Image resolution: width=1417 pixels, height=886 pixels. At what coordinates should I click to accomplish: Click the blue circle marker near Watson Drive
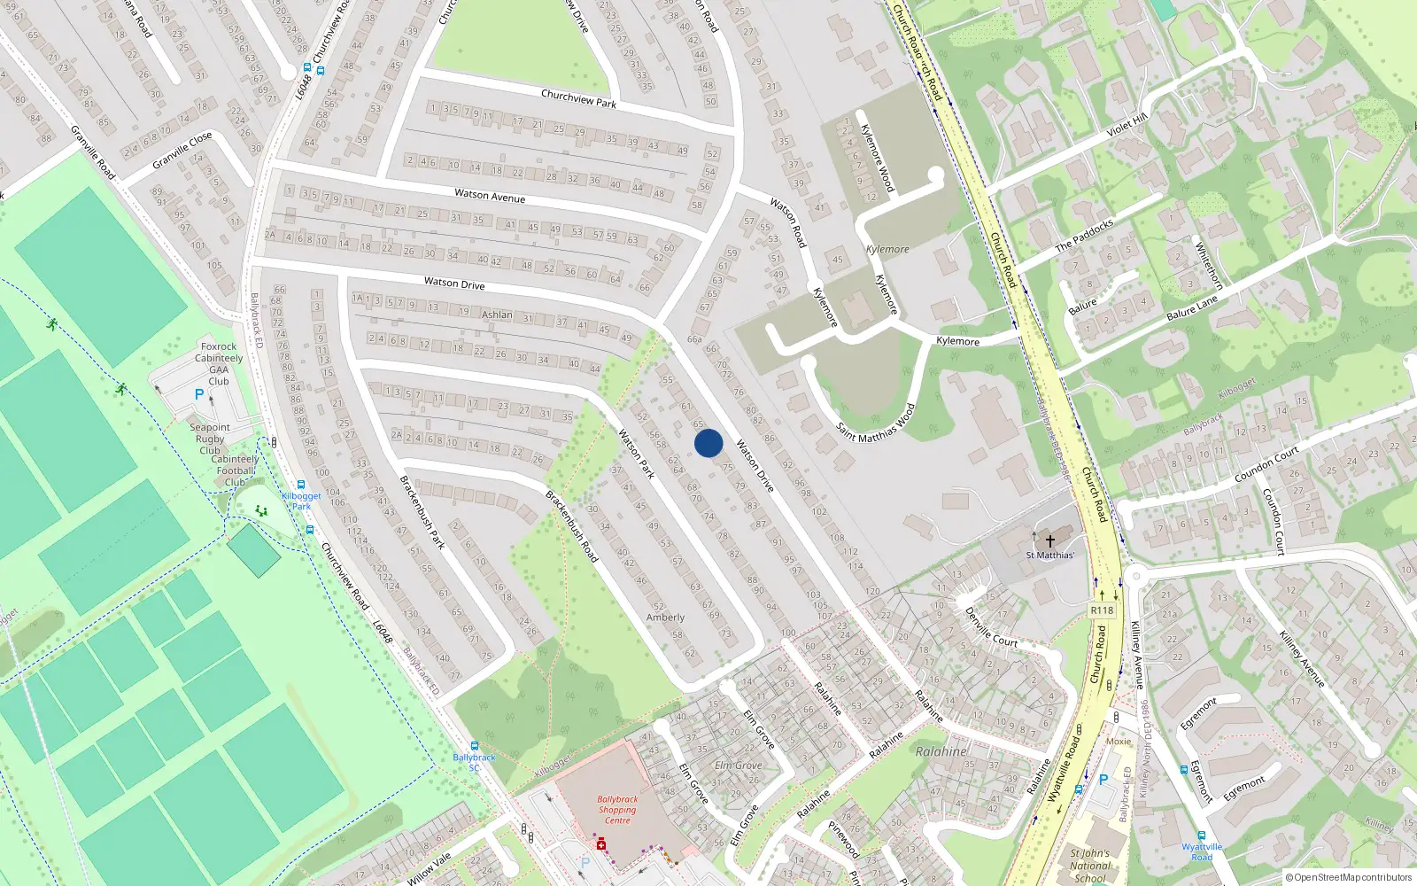(708, 443)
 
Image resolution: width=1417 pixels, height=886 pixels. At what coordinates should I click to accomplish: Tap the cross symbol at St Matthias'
(1050, 540)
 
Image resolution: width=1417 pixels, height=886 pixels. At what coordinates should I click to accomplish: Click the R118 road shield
(1102, 610)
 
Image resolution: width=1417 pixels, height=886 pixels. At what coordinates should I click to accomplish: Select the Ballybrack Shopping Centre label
(617, 810)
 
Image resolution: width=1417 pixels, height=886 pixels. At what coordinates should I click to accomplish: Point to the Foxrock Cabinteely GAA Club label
(219, 364)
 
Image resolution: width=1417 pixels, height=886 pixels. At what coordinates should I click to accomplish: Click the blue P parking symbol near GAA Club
(199, 395)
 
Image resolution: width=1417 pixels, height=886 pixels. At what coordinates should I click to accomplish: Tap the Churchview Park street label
(578, 98)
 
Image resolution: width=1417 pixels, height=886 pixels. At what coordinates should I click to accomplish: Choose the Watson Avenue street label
(490, 195)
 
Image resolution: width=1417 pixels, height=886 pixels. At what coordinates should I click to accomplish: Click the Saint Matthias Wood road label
(876, 423)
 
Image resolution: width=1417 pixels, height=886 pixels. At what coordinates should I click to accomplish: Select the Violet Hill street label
(1127, 125)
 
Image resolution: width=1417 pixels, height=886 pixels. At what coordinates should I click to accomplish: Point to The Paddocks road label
(1084, 236)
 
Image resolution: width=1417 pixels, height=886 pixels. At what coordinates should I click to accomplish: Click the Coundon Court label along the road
(1266, 464)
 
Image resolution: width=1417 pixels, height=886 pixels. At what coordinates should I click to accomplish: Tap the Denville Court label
(991, 626)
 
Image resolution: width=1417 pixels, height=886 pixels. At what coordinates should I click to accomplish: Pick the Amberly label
(665, 618)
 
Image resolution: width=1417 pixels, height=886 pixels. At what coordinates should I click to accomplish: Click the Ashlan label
(497, 315)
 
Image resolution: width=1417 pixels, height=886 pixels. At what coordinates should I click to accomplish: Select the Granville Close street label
(182, 151)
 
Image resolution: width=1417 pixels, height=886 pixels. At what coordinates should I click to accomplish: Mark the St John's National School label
(1090, 866)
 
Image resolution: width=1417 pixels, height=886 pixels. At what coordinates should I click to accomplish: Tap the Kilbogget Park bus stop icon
(301, 485)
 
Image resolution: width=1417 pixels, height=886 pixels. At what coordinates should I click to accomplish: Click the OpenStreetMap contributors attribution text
(1349, 878)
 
